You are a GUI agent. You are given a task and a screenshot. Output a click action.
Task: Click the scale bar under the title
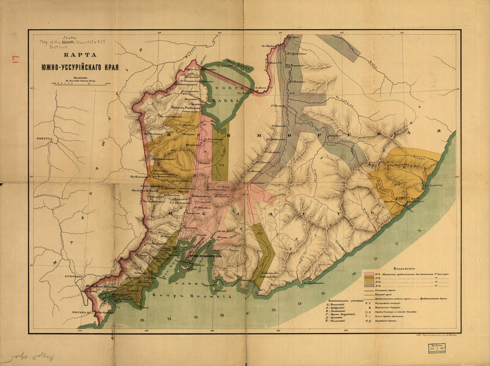point(81,83)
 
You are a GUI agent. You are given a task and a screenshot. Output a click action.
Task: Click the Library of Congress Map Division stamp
point(437,349)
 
